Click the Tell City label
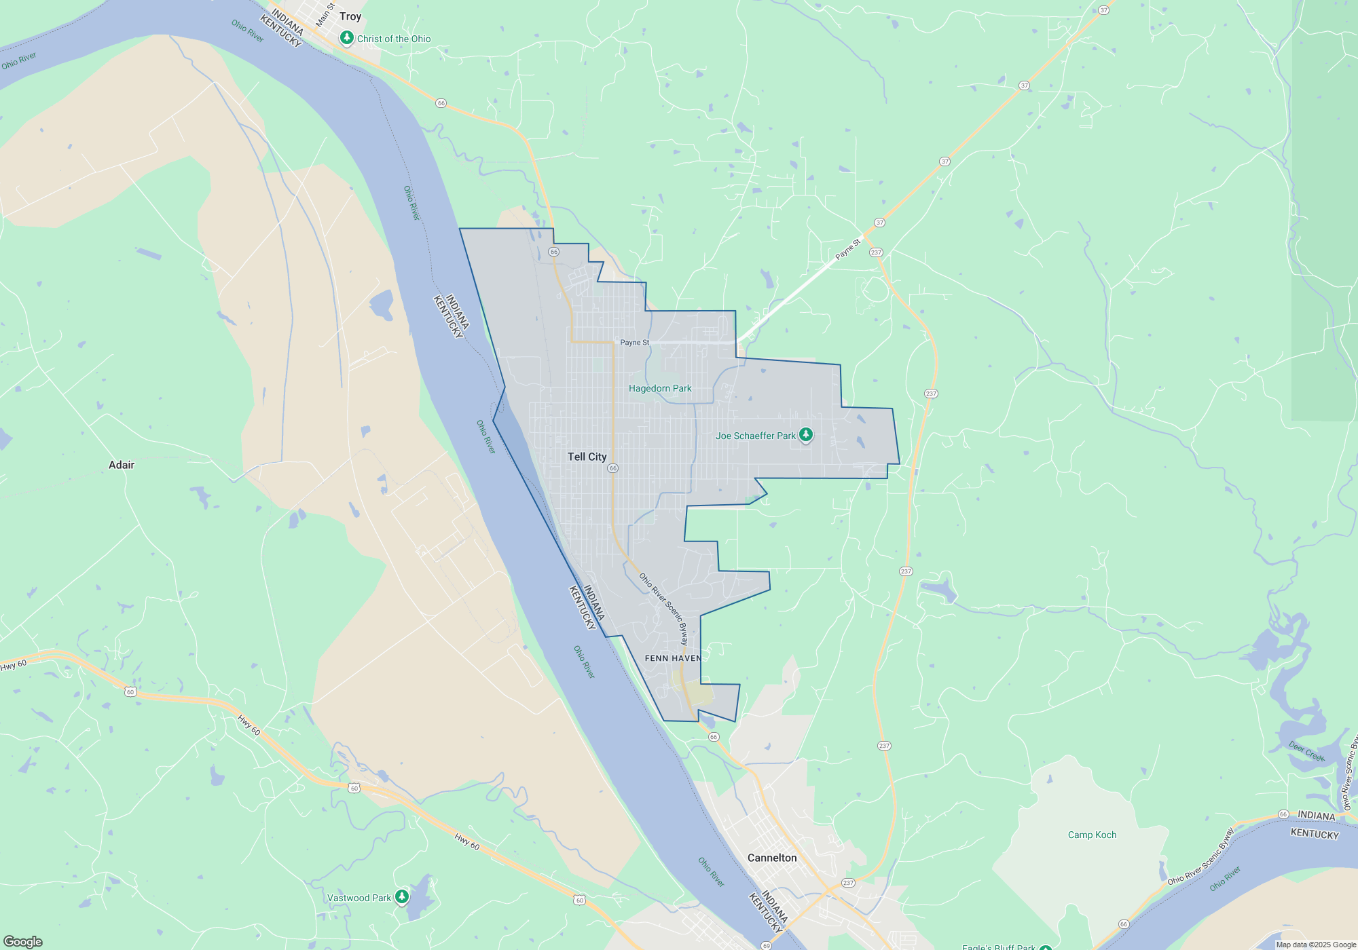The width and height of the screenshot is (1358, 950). [587, 457]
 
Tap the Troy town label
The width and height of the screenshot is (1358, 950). [350, 16]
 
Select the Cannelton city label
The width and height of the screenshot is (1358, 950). [772, 858]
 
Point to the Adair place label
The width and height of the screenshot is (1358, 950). [122, 465]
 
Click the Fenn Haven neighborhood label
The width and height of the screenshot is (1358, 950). [673, 658]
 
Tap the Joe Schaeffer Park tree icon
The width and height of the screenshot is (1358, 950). [806, 435]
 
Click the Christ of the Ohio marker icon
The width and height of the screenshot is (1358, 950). [347, 38]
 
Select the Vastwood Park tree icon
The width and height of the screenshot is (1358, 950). [402, 897]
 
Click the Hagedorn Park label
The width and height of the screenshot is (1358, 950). [660, 388]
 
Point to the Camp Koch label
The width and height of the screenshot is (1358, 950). [1092, 835]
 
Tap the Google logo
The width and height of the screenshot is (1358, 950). [22, 941]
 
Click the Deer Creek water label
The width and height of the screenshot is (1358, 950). [1306, 751]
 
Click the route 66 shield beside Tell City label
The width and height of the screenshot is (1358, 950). [612, 468]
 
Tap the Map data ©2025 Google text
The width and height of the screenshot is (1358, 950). [1315, 945]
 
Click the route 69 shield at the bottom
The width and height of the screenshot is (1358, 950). [766, 945]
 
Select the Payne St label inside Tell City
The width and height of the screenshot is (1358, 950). [635, 343]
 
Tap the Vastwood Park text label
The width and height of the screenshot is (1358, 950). [359, 898]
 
